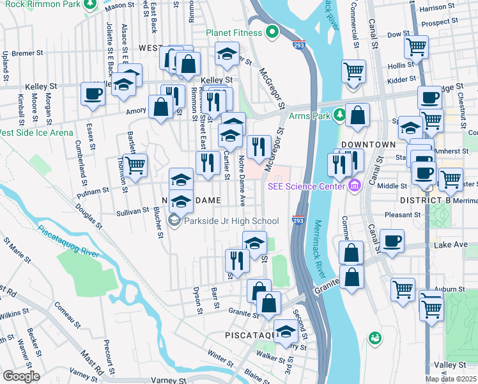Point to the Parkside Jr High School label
coord(231,221)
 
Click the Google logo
coord(21,376)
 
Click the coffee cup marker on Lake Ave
coord(392,241)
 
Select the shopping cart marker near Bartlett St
coord(135,164)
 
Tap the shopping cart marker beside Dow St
coord(416,46)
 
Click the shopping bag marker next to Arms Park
coord(358,115)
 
